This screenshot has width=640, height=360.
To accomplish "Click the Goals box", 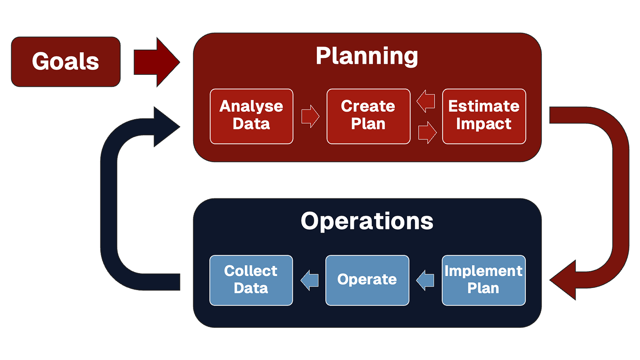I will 65,62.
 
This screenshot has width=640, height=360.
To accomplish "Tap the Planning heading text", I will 367,56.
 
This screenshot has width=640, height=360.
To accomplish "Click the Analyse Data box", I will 251,116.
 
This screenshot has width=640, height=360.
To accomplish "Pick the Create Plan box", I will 368,116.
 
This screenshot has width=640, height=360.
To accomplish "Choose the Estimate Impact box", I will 484,116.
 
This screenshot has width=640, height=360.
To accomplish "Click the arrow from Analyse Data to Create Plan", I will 310,116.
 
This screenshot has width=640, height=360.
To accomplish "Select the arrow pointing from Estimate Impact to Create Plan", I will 425,101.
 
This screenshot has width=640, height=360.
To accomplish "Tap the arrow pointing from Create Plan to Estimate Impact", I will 427,132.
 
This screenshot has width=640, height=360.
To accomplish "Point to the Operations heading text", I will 367,221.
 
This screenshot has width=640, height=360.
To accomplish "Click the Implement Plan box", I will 484,280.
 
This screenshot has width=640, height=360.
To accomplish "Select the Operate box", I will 367,280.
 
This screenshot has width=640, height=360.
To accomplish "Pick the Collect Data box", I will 251,280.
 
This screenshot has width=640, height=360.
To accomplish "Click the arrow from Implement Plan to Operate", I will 425,280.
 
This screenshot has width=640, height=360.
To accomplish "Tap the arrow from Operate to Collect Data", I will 309,280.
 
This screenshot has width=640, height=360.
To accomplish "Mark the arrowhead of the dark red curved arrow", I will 564,280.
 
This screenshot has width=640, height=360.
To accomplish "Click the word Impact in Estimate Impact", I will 484,124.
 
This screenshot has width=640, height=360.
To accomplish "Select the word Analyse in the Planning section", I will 251,107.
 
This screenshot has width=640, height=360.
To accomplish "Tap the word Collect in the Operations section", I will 251,271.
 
